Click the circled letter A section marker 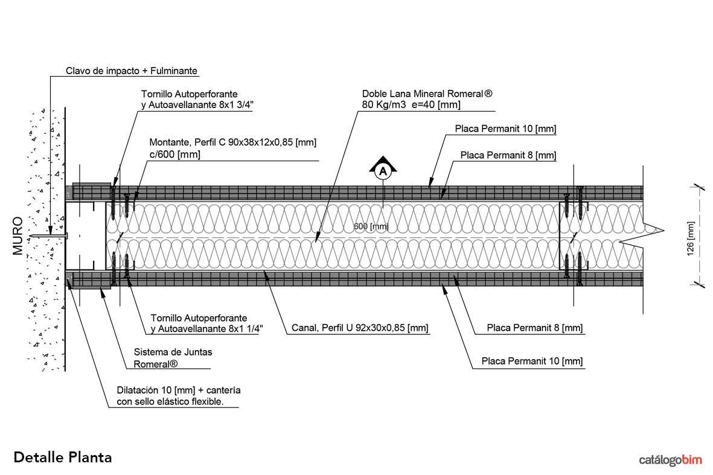[x=382, y=171]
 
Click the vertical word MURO [x=18, y=235]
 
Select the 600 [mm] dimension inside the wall [x=371, y=226]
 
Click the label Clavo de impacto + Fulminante [x=132, y=71]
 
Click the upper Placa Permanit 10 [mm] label [x=505, y=129]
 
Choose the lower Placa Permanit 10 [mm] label [x=532, y=362]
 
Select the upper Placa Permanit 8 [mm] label [x=508, y=155]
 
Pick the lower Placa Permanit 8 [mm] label [x=534, y=328]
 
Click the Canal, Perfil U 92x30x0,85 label [x=360, y=328]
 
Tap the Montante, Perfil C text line [x=233, y=142]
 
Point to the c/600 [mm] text [x=174, y=155]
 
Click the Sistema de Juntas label [x=173, y=352]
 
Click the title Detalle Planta [x=62, y=457]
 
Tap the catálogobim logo [x=671, y=460]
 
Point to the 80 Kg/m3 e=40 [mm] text [x=411, y=105]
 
